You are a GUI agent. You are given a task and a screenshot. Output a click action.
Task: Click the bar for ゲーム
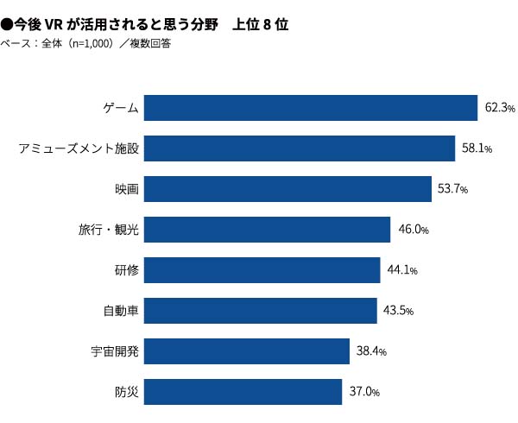(x=311, y=108)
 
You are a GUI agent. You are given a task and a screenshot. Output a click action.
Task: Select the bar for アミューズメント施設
(x=299, y=148)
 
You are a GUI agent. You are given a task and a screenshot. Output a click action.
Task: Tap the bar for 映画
(x=287, y=189)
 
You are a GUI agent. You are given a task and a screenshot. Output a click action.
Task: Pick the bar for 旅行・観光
(x=267, y=230)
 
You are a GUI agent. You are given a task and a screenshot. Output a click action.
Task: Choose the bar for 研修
(x=262, y=270)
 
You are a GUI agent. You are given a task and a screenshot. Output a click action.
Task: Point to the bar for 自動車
(x=260, y=311)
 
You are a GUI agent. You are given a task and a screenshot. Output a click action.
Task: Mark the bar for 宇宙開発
(x=246, y=351)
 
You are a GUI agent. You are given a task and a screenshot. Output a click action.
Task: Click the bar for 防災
(x=243, y=392)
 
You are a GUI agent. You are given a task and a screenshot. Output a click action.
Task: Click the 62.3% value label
(x=500, y=108)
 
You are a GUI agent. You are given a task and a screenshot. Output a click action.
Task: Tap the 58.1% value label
(x=477, y=148)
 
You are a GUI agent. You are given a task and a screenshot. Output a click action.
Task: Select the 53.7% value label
(x=453, y=189)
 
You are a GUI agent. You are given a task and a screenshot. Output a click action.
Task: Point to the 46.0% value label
(x=414, y=230)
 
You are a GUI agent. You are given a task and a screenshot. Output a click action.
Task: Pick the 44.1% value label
(x=402, y=270)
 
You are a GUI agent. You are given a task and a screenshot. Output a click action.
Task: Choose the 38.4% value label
(x=371, y=351)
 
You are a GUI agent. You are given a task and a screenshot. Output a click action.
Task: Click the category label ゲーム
(x=121, y=108)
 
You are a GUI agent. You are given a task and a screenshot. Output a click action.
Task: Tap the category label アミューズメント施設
(x=79, y=148)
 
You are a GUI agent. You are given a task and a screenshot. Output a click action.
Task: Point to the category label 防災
(x=127, y=392)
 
